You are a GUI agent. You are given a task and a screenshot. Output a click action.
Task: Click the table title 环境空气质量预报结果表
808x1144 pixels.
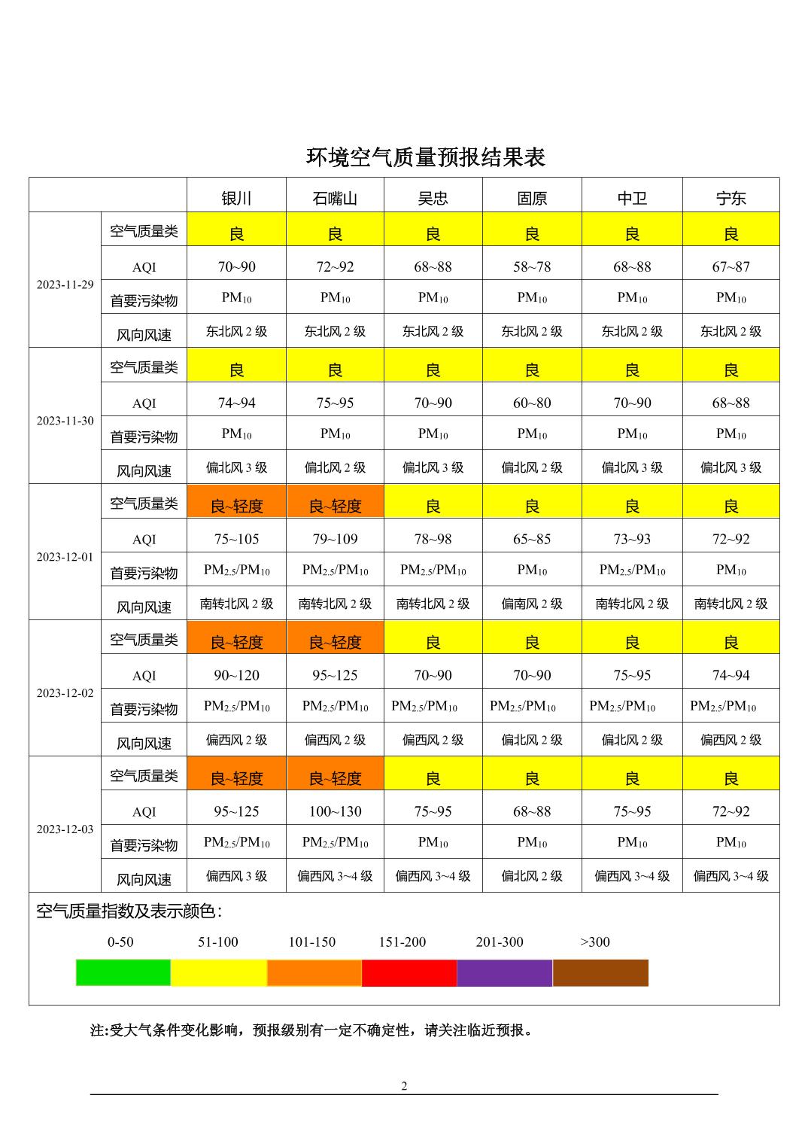click(x=425, y=157)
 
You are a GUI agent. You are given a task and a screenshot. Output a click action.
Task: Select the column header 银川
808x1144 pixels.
click(x=236, y=198)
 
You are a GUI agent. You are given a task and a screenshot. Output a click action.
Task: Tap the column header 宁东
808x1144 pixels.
click(x=731, y=198)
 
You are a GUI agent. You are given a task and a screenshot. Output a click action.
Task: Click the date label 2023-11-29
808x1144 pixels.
click(x=65, y=284)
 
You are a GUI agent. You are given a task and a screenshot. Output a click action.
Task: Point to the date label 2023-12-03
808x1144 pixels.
click(x=65, y=829)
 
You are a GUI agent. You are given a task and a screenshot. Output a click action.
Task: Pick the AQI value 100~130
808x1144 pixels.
click(x=335, y=811)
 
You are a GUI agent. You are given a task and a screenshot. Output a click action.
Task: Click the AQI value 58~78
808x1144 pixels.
click(x=532, y=266)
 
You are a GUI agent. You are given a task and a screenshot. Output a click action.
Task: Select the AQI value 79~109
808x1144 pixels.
click(x=335, y=539)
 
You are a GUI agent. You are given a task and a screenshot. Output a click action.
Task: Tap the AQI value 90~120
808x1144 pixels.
click(x=236, y=675)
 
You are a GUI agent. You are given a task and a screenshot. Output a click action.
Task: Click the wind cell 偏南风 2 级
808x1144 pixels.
click(x=532, y=604)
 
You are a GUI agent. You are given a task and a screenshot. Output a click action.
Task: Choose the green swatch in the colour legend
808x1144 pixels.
click(x=123, y=972)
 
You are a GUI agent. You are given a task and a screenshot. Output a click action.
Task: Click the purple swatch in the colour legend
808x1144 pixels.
click(x=505, y=972)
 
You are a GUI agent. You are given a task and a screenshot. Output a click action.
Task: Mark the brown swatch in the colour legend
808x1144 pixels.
click(x=600, y=972)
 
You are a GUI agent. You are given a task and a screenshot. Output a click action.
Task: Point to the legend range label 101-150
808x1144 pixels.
click(x=311, y=942)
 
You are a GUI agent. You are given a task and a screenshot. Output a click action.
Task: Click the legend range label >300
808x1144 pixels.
click(x=595, y=942)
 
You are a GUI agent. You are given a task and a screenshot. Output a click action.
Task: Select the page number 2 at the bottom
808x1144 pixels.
click(x=404, y=1086)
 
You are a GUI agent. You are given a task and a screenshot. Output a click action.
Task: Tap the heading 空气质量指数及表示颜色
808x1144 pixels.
click(x=129, y=911)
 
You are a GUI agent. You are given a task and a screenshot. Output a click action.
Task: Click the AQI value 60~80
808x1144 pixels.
click(x=532, y=403)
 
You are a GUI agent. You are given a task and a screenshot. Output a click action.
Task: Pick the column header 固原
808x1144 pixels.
click(x=532, y=198)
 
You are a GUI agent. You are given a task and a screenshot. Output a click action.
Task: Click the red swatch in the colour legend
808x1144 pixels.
click(x=409, y=972)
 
